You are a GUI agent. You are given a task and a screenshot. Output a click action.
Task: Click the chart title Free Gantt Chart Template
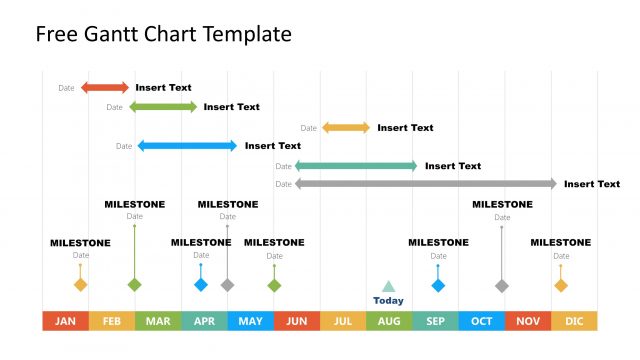coord(164,35)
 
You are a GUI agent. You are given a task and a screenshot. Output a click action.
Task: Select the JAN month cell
coord(65,321)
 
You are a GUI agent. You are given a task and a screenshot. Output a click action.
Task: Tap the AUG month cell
coord(389,321)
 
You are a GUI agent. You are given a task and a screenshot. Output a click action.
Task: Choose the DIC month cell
coord(574,321)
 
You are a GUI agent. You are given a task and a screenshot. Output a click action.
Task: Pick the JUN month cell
coord(297,321)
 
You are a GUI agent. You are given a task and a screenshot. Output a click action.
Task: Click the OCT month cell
coord(482,321)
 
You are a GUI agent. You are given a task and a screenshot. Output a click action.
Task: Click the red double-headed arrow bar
coord(105,88)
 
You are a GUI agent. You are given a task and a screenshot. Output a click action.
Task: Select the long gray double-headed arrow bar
coord(426,184)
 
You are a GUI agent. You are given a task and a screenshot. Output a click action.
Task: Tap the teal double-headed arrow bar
coord(356,166)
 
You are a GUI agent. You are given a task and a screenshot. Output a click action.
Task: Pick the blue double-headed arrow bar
coord(187,146)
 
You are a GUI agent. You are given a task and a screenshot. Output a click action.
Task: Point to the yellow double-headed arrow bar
coord(346,128)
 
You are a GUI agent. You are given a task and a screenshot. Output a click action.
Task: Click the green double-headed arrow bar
coord(163,107)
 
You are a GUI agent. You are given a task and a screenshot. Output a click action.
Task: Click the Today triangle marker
coord(389,286)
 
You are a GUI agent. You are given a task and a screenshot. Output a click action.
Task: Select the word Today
coord(389,300)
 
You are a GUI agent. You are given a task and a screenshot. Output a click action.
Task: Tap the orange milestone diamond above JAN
coord(81,285)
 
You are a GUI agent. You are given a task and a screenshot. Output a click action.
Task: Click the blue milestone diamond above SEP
coord(438,285)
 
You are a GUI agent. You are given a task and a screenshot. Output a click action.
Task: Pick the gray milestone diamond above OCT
coord(502,285)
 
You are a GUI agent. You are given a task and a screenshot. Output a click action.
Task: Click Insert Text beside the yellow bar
coord(405,128)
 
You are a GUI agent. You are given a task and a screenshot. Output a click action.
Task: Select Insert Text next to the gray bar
coord(592,184)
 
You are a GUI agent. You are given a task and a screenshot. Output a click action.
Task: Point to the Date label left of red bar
coord(66,88)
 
